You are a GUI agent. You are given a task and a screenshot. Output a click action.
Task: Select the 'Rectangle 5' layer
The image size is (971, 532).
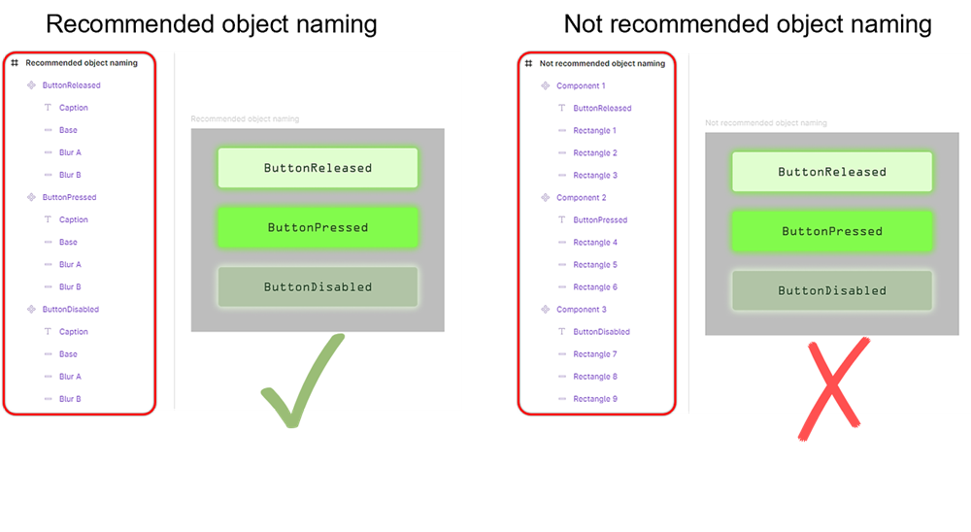[594, 265]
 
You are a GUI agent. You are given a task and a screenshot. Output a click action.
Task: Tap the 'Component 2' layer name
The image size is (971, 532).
[581, 198]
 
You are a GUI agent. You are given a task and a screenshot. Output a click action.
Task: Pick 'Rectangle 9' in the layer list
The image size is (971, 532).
[594, 399]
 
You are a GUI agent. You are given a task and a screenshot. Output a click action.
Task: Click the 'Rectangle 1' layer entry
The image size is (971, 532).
[594, 131]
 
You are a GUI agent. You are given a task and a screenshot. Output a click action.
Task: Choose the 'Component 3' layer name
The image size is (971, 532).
[581, 310]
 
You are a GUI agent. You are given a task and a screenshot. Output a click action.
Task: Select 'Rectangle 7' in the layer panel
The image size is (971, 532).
[594, 354]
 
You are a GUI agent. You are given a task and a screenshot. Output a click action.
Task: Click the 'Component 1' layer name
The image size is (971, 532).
[581, 86]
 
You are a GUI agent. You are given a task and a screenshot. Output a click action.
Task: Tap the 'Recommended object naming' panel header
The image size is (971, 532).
[82, 63]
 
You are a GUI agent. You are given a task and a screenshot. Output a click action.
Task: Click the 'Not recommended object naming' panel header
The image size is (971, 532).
[602, 64]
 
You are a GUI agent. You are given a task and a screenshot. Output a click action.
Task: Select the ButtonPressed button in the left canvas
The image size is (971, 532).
[318, 228]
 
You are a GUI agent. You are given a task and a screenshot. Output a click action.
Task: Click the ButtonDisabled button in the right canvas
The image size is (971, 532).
[832, 290]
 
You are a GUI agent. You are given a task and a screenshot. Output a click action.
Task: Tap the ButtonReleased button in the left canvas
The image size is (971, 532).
[318, 168]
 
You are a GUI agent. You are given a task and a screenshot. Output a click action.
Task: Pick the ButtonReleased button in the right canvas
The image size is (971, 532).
[832, 172]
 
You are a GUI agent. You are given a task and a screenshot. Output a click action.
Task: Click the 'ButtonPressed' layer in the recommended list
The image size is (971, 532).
[69, 198]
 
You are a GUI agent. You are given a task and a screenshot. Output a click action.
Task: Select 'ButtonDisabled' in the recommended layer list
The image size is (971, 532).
[70, 310]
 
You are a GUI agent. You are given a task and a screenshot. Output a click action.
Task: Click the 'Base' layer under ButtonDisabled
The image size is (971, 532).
[68, 354]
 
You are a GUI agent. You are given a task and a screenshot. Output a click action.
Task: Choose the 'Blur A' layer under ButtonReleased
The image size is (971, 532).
[70, 153]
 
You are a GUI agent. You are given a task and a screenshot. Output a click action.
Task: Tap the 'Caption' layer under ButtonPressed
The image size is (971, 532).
[73, 220]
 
